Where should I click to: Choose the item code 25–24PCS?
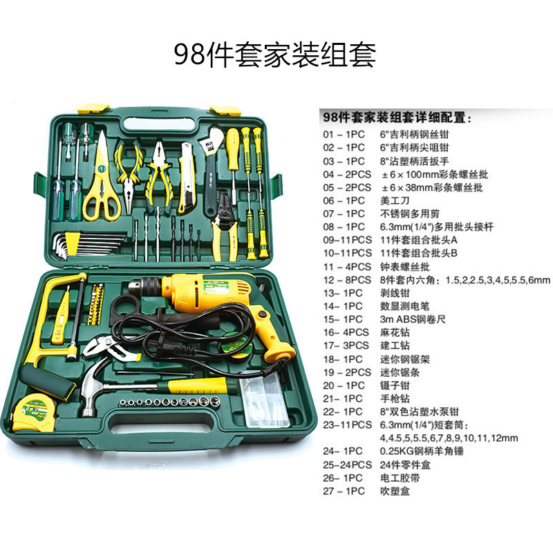tap(350, 464)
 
